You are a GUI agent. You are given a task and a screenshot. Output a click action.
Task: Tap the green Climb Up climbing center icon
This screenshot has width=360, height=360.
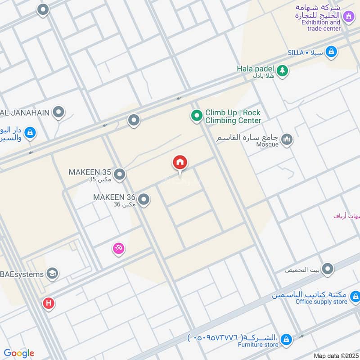[196, 117]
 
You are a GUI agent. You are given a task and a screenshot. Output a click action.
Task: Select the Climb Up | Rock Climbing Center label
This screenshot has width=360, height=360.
[233, 117]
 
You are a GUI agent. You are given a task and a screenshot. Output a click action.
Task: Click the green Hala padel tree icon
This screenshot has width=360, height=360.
[282, 70]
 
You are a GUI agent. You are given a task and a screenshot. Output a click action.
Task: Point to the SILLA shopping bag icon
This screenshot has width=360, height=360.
[331, 52]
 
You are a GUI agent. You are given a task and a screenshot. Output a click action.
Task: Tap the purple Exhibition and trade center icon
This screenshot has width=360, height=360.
[348, 18]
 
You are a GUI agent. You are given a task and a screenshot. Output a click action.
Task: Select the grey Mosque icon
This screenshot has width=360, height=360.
[287, 140]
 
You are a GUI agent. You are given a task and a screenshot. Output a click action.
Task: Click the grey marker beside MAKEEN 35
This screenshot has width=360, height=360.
[119, 174]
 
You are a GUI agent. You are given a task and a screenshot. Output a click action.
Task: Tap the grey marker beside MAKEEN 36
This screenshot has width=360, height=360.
[144, 199]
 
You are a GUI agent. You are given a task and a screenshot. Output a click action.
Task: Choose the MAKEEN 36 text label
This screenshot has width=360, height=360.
[114, 200]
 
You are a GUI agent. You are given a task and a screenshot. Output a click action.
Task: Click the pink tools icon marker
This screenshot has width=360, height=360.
[118, 248]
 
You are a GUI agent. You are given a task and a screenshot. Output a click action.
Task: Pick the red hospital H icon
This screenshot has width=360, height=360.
[49, 303]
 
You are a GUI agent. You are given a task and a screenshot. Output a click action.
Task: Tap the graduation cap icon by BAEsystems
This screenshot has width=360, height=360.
[52, 274]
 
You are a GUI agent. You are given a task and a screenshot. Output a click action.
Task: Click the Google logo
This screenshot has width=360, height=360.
[19, 353]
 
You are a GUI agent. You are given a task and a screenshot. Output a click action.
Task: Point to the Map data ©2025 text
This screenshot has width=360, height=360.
[335, 355]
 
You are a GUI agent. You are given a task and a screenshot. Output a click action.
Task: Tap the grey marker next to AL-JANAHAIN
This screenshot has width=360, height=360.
[58, 112]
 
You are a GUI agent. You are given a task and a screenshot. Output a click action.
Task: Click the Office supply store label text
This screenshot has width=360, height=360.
[321, 301]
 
